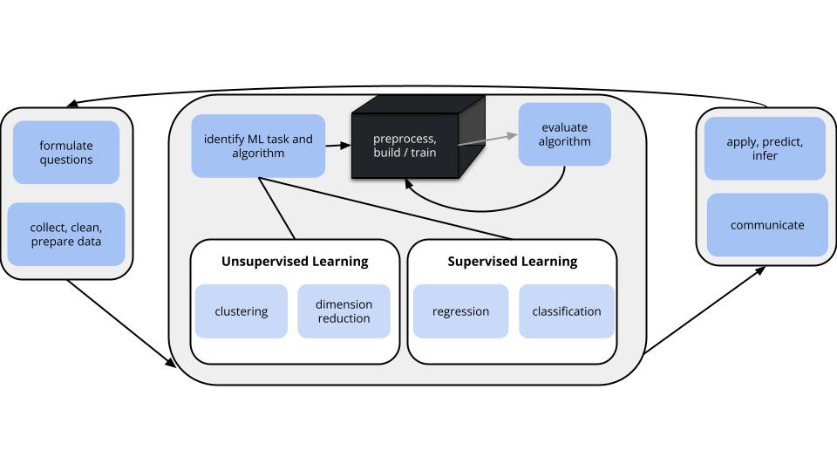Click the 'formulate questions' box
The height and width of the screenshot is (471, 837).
coord(66,153)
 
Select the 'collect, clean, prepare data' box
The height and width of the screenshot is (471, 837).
coord(66,234)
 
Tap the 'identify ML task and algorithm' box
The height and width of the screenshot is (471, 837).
coord(258,146)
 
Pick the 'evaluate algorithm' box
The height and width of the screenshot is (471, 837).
coord(564,134)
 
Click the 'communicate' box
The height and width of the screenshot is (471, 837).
coord(767,225)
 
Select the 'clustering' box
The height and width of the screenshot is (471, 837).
coord(241,311)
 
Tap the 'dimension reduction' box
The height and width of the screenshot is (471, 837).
coord(344,311)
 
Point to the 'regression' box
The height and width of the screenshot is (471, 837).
coord(460,311)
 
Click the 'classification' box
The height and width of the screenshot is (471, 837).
coord(566,311)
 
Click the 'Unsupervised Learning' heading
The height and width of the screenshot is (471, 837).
coord(295,261)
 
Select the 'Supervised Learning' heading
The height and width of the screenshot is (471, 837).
coord(512,261)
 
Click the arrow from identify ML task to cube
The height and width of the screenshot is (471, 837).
coord(337,146)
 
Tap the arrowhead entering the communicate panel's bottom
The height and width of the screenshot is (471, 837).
coord(761,270)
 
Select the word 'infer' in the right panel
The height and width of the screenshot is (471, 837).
coord(765,154)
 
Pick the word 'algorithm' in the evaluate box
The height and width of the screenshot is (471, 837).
coord(564,142)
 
